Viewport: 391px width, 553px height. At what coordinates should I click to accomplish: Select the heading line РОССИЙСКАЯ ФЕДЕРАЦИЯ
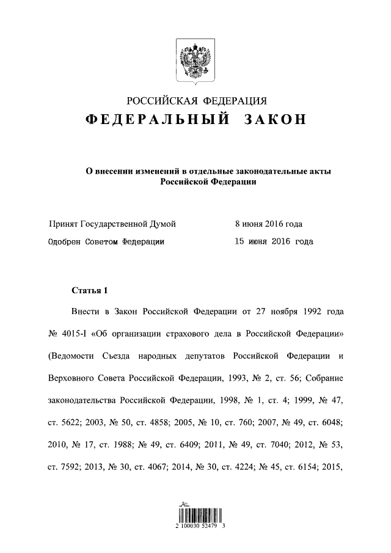[x=195, y=101]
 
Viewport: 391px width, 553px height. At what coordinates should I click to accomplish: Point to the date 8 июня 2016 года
[x=268, y=224]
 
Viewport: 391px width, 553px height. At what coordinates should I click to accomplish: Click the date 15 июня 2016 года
[x=274, y=241]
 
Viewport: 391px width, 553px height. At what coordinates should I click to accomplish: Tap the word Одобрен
[x=64, y=241]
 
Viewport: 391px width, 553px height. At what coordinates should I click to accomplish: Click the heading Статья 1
[x=89, y=290]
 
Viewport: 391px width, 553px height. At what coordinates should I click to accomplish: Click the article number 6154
[x=308, y=466]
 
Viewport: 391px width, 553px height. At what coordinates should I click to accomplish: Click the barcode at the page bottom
[x=195, y=513]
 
